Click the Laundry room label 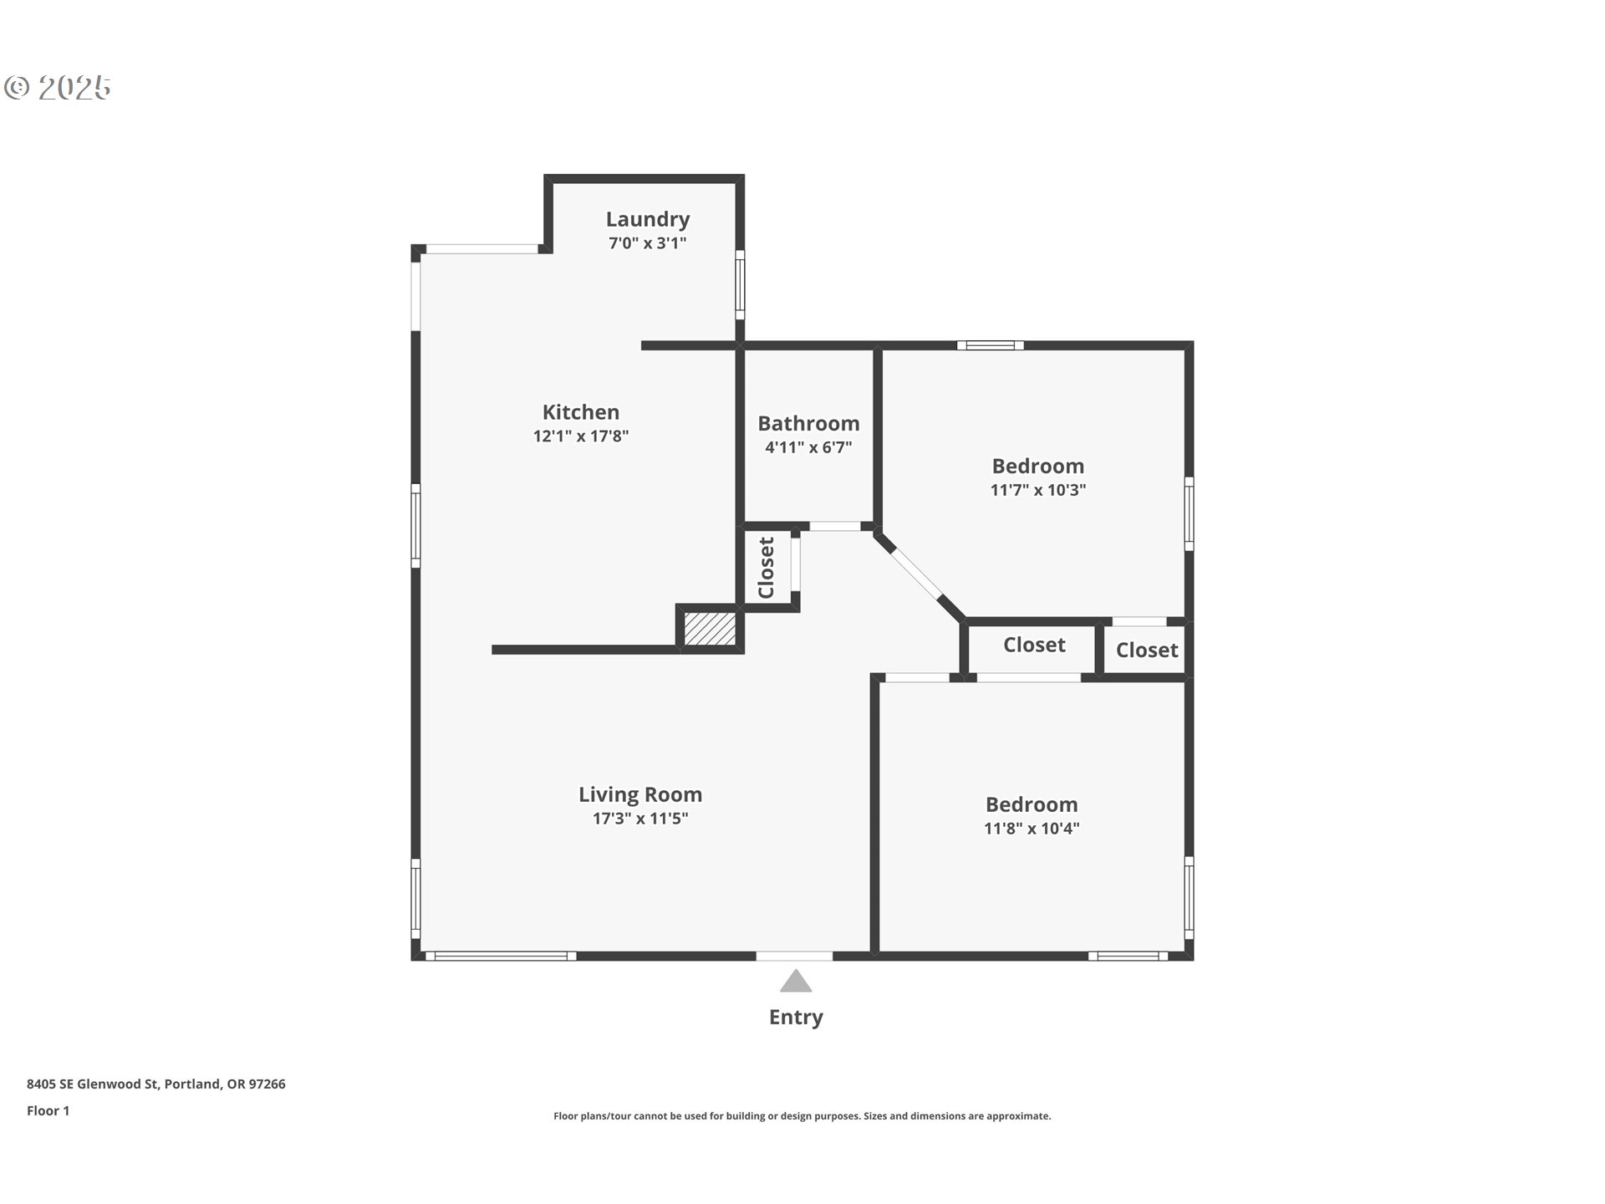(648, 220)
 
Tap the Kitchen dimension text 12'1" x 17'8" (581, 436)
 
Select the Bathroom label (808, 423)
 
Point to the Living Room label (640, 795)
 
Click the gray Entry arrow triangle (796, 981)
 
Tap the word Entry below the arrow (796, 1018)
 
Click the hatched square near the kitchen (711, 628)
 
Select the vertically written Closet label (766, 568)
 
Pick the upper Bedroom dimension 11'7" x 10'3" (1038, 490)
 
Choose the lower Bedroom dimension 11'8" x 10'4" (1032, 829)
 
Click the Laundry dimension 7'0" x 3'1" (648, 243)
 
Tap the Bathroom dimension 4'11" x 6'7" (808, 447)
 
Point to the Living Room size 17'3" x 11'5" (640, 819)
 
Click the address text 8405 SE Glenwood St (93, 1084)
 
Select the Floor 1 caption (48, 1111)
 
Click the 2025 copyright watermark (58, 88)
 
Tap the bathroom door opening (835, 526)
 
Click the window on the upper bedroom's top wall (991, 345)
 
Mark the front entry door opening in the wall (794, 956)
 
